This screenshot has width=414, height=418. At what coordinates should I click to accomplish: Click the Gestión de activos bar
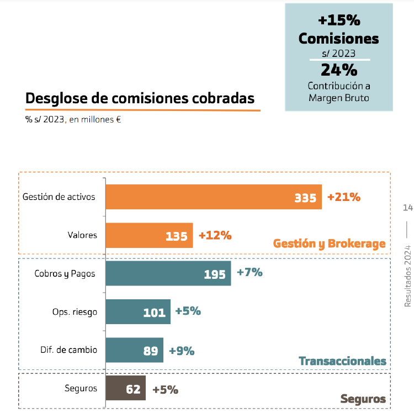pyautogui.click(x=213, y=197)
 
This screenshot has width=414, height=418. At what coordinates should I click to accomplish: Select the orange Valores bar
pyautogui.click(x=149, y=235)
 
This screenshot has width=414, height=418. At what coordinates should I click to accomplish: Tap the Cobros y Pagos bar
pyautogui.click(x=168, y=273)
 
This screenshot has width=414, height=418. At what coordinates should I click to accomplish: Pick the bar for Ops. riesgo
pyautogui.click(x=137, y=312)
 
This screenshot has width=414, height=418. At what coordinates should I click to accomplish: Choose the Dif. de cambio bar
pyautogui.click(x=134, y=350)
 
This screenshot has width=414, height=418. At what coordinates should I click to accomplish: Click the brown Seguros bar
pyautogui.click(x=125, y=388)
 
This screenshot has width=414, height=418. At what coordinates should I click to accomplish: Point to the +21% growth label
pyautogui.click(x=344, y=197)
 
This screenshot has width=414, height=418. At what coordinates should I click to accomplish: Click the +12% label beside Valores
pyautogui.click(x=215, y=235)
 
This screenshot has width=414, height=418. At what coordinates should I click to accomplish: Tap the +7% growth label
pyautogui.click(x=250, y=272)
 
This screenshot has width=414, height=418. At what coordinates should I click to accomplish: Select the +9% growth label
pyautogui.click(x=182, y=351)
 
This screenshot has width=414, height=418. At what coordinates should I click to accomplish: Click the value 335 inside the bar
pyautogui.click(x=305, y=198)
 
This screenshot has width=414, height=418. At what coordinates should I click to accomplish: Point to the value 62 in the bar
pyautogui.click(x=133, y=389)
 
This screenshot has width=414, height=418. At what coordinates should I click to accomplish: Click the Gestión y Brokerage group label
pyautogui.click(x=329, y=244)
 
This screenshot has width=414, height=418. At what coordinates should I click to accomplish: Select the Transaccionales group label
pyautogui.click(x=342, y=361)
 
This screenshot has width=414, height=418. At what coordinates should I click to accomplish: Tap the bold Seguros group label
pyautogui.click(x=363, y=399)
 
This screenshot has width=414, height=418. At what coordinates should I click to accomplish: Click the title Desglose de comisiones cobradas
pyautogui.click(x=140, y=98)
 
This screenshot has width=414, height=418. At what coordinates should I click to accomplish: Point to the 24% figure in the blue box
pyautogui.click(x=339, y=70)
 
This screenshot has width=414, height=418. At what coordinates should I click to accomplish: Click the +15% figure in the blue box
pyautogui.click(x=339, y=20)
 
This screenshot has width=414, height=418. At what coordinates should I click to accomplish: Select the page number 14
pyautogui.click(x=408, y=208)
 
